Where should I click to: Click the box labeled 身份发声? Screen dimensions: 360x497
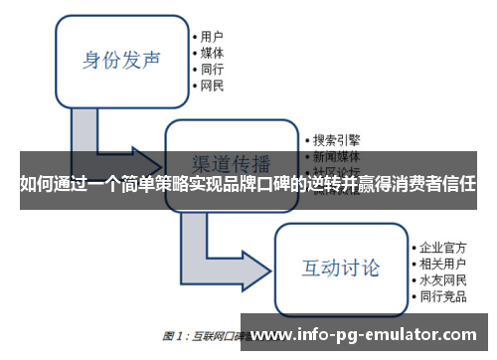(x=121, y=60)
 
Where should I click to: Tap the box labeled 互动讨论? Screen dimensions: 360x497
(x=340, y=267)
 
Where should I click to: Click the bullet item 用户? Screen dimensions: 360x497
(x=212, y=36)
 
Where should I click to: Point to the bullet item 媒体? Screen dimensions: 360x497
(x=212, y=53)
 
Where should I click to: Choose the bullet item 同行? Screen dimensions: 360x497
(x=212, y=70)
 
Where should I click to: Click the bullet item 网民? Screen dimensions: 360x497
(x=212, y=87)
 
